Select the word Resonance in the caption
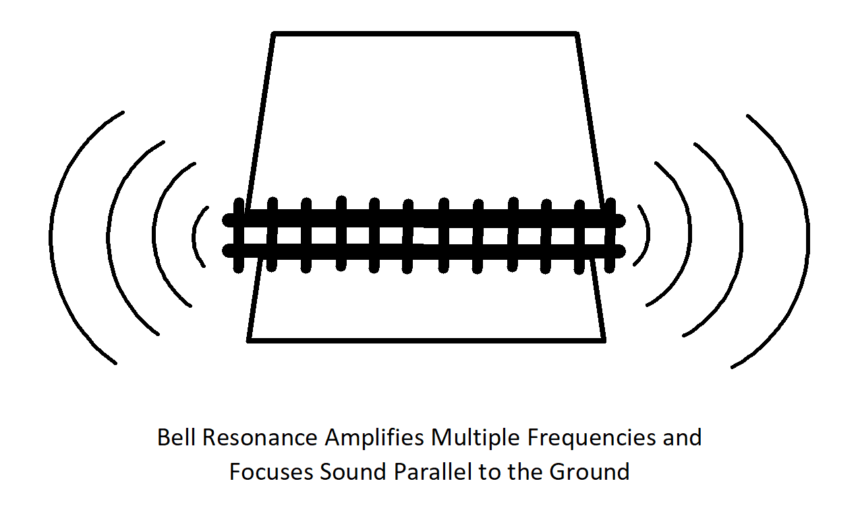pos(260,437)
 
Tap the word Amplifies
pos(374,439)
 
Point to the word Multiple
pos(476,439)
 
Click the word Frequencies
pos(592,439)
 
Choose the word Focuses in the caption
pos(271,472)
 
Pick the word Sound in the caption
pos(353,472)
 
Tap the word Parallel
pos(432,472)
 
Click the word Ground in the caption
pos(589,472)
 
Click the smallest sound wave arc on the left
pos(194,238)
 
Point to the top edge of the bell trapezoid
pos(425,34)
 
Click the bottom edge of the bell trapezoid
pos(426,340)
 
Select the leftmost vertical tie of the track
pos(239,236)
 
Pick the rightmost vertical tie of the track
pos(610,236)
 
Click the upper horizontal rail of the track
pos(424,220)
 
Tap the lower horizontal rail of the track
pos(424,252)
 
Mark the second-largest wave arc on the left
pos(108,238)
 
